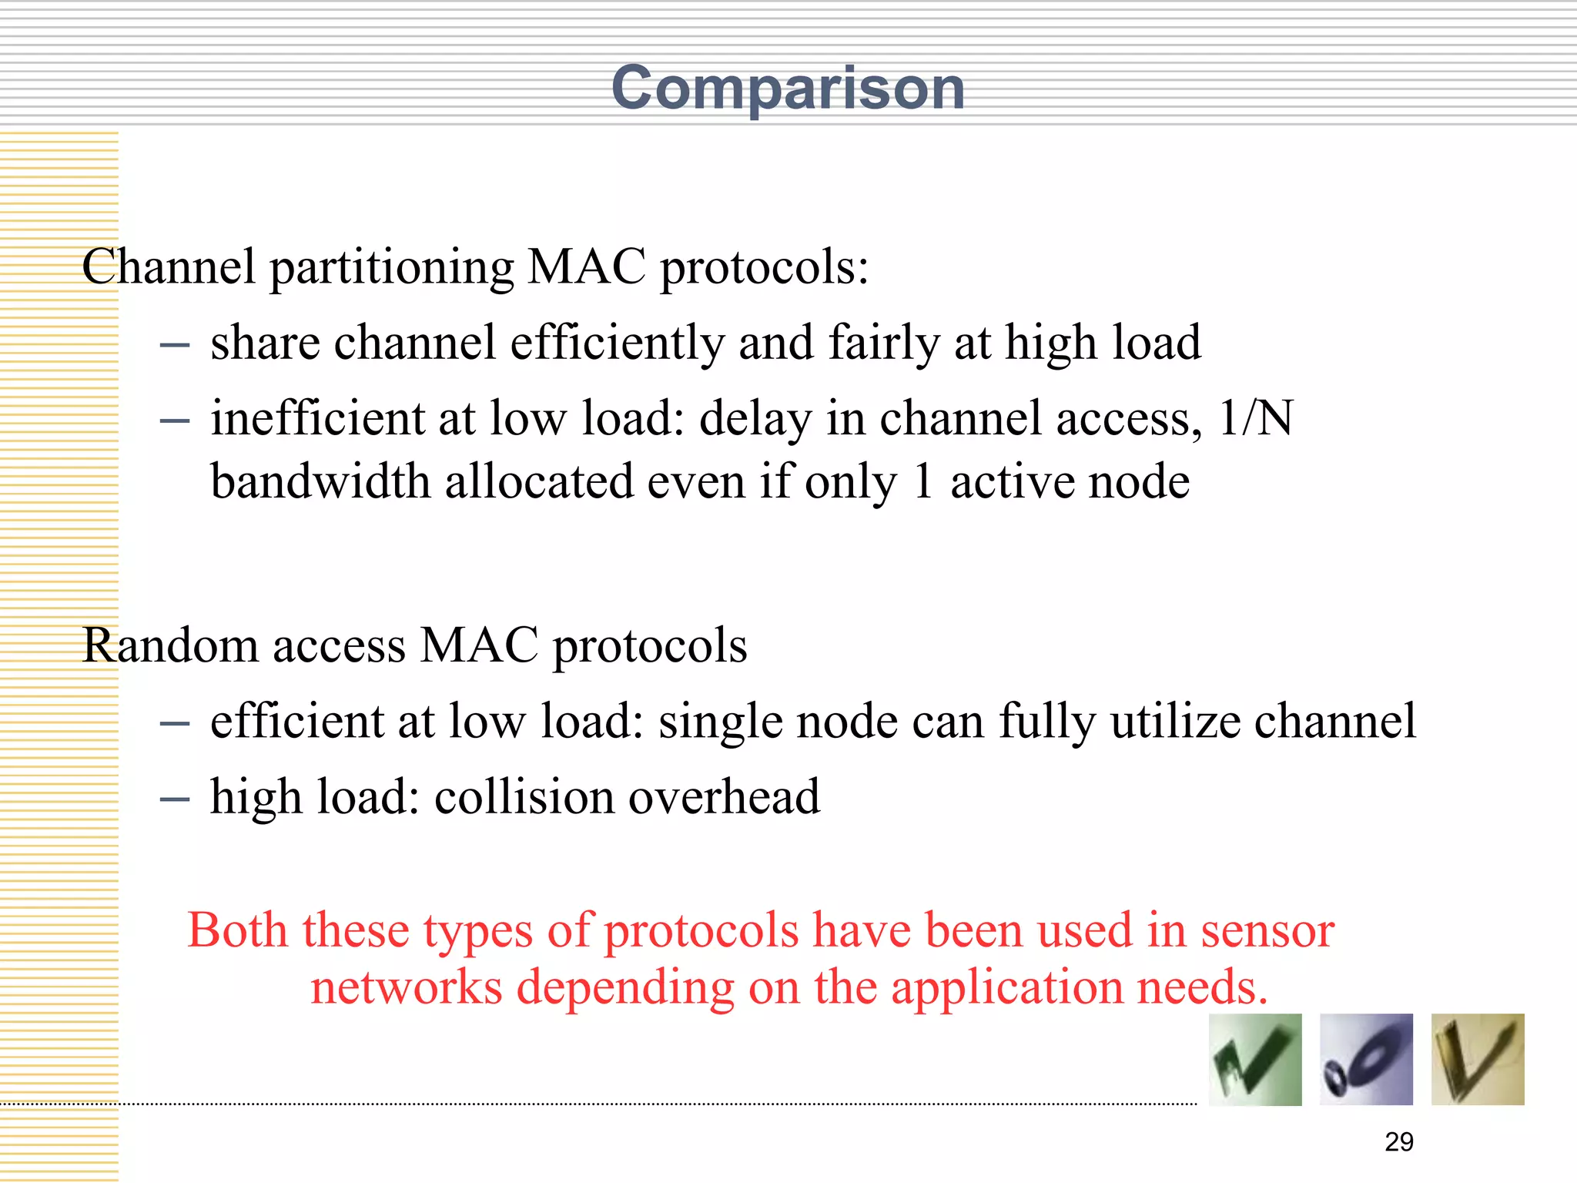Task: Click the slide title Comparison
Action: [x=788, y=89]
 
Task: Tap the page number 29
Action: [x=1398, y=1141]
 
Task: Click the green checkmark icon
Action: [x=1255, y=1060]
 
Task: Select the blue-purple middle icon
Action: [x=1366, y=1060]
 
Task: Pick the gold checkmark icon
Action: [x=1478, y=1060]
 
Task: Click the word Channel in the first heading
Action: [x=168, y=267]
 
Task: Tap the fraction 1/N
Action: [x=1256, y=418]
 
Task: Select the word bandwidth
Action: [x=320, y=482]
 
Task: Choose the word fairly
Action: [x=883, y=344]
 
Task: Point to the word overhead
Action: [x=724, y=796]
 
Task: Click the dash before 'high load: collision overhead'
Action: [x=175, y=799]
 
